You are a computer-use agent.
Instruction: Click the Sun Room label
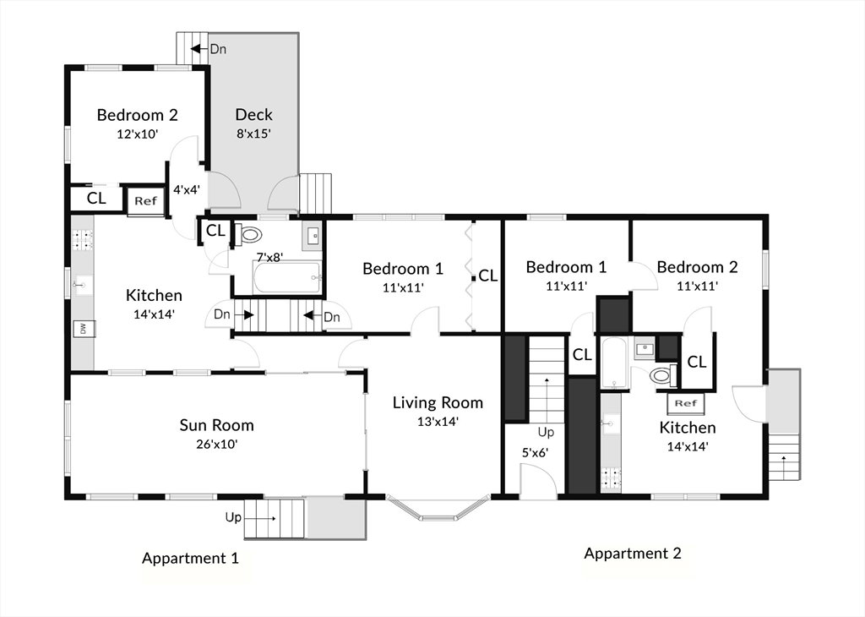coord(217,425)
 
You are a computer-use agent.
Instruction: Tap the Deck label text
coord(253,114)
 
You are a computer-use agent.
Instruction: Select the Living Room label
coord(438,403)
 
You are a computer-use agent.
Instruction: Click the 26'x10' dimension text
coord(217,444)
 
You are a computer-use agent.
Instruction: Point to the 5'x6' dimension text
coord(535,453)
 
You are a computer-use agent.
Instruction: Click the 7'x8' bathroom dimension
coord(269,257)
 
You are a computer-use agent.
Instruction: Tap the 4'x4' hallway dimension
coord(187,190)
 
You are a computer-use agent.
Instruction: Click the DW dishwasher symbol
coord(84,329)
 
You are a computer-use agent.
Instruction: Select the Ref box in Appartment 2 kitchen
coord(685,403)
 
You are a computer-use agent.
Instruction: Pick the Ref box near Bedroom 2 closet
coord(145,201)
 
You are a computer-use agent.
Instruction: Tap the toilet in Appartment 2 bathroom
coord(663,376)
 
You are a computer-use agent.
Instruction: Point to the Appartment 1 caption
coord(190,558)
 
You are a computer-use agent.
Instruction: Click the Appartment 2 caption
coord(633,553)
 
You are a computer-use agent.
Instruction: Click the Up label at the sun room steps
coord(233,517)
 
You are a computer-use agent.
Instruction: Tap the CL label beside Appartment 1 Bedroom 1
coord(487,276)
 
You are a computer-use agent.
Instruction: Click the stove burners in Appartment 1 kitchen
coord(82,239)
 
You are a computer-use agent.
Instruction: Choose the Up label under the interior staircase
coord(547,432)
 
